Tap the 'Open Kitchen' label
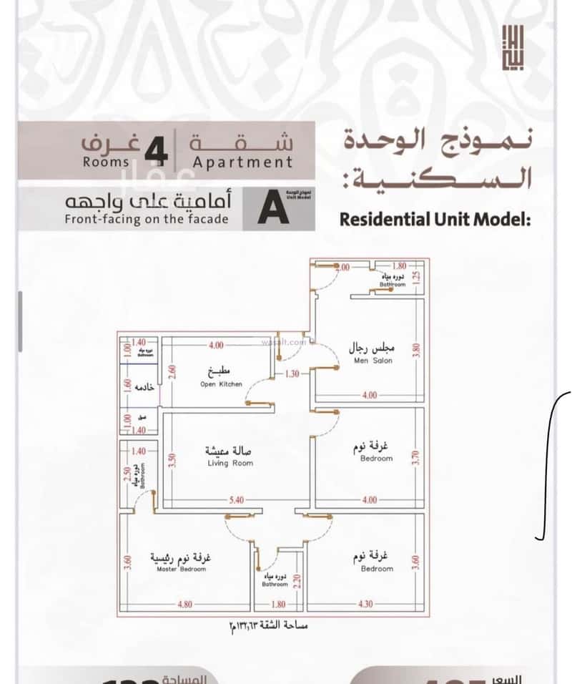click(221, 384)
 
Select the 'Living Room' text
click(230, 463)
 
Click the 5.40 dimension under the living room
click(237, 500)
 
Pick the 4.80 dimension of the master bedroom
click(185, 604)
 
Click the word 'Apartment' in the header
click(243, 162)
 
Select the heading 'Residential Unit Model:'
click(435, 220)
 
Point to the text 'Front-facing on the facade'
click(147, 219)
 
